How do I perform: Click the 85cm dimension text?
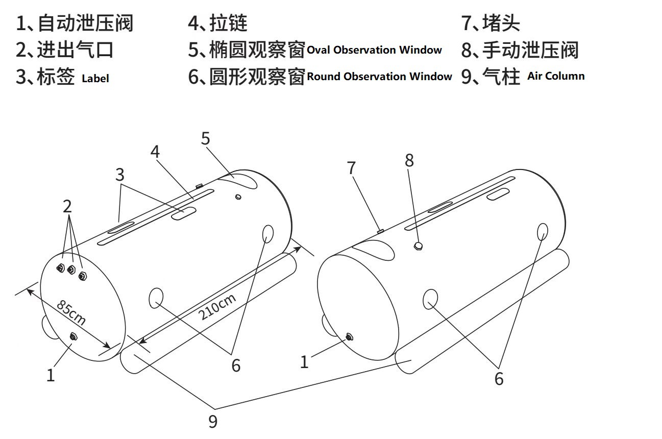[x=71, y=313]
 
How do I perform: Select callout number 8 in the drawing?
[x=409, y=160]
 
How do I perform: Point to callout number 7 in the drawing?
[x=352, y=168]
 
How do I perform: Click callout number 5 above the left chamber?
[x=206, y=138]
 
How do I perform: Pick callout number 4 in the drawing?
[x=155, y=152]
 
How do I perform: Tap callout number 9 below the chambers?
[x=213, y=422]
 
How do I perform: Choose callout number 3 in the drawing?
[x=119, y=175]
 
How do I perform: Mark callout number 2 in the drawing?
[x=67, y=206]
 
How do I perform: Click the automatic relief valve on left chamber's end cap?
[x=73, y=335]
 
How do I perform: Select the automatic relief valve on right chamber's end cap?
[x=349, y=336]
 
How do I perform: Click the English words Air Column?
[x=556, y=76]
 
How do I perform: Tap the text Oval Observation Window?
[x=374, y=50]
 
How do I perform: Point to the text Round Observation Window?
[x=379, y=77]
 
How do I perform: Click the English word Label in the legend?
[x=95, y=79]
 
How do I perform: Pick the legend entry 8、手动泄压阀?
[x=520, y=50]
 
